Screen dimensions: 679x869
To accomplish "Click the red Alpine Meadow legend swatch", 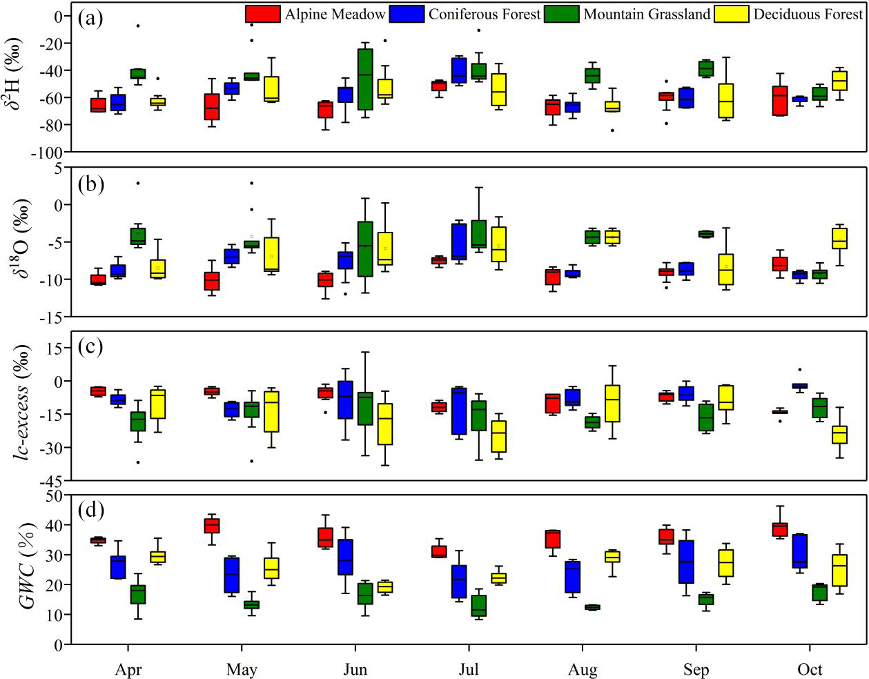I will tap(262, 14).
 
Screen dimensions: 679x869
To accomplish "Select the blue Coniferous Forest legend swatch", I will tap(407, 14).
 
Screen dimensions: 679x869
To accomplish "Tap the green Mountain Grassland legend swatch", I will tap(562, 14).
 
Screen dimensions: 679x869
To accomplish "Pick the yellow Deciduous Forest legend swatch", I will tap(731, 14).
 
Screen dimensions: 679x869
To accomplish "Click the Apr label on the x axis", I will tap(128, 669).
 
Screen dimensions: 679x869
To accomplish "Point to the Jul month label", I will tap(469, 669).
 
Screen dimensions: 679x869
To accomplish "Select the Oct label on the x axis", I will tap(810, 669).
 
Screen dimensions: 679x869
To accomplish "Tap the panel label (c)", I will tap(90, 346).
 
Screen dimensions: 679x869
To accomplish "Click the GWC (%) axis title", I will tap(28, 569).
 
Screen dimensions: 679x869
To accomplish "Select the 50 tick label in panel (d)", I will tap(55, 495).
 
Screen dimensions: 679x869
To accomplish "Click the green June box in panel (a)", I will tap(365, 79).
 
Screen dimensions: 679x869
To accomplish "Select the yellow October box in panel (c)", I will tap(839, 435).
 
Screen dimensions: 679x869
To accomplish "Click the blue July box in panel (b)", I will tap(459, 240).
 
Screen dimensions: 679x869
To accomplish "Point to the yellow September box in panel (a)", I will tap(725, 101).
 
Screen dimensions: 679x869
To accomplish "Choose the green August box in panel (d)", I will tap(592, 607).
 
